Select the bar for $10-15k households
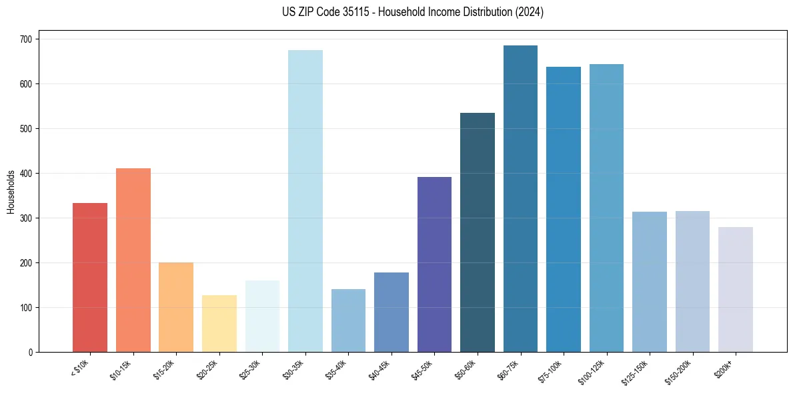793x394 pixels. tap(133, 260)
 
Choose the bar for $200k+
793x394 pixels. tap(736, 289)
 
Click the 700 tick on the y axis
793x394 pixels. tap(27, 39)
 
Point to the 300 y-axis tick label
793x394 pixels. tap(27, 218)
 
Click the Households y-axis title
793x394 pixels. tap(11, 192)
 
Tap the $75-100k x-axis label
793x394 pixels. tap(551, 369)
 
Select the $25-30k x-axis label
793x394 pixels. tap(249, 369)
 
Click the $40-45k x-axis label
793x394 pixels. tap(379, 369)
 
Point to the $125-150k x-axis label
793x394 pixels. tap(636, 371)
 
